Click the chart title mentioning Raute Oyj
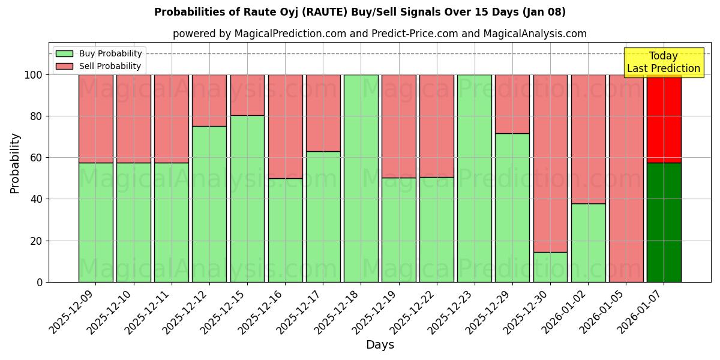coord(360,12)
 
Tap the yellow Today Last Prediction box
coord(664,62)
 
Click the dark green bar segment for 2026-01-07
coord(664,222)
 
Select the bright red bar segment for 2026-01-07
coord(664,119)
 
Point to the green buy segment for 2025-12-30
coord(550,267)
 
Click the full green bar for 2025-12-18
coord(361,178)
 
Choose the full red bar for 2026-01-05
coord(626,178)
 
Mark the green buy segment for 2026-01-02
coord(588,242)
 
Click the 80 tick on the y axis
coord(37,116)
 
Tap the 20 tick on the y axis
coord(37,241)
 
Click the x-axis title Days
coord(380,345)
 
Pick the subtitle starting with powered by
coord(380,34)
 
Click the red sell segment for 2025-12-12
coord(209,100)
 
